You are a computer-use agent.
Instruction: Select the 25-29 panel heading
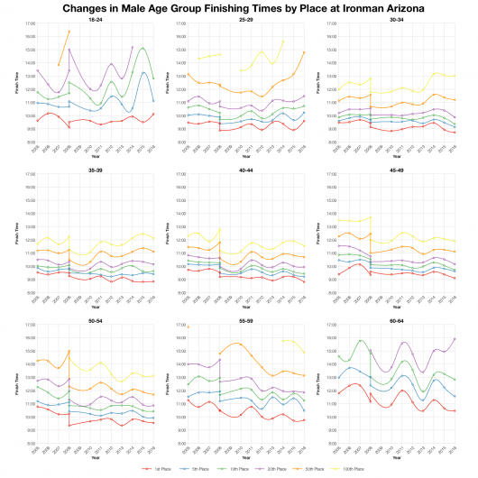tap(246, 18)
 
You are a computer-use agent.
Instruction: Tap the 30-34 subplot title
tap(397, 18)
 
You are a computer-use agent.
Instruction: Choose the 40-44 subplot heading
tap(246, 169)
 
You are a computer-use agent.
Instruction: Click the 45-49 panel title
tap(397, 169)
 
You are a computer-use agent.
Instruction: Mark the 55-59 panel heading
tap(246, 319)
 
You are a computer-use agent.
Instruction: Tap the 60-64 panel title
tap(397, 319)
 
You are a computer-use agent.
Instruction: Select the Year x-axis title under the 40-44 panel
tap(246, 307)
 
